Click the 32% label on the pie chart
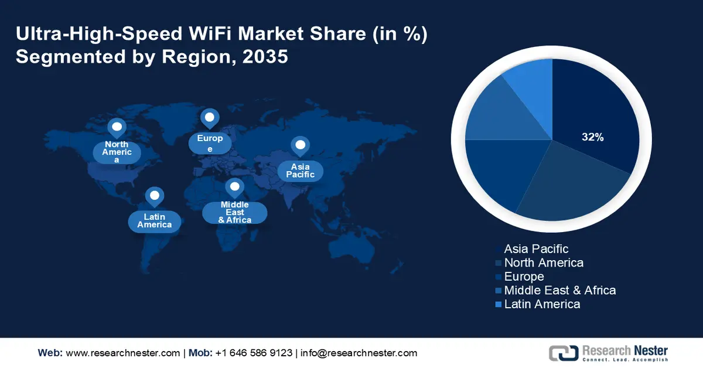click(592, 138)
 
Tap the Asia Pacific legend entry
click(535, 250)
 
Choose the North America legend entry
click(543, 263)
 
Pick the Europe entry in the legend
click(524, 277)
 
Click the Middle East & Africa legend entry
click(559, 290)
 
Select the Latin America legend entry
click(542, 304)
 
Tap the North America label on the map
click(117, 152)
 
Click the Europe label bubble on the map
click(210, 144)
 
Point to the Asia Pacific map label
click(301, 171)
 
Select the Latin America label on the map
click(155, 221)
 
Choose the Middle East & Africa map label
click(235, 212)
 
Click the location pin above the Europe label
click(209, 118)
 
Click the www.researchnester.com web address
click(122, 353)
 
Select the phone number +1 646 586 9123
click(254, 353)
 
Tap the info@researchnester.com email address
click(359, 353)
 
